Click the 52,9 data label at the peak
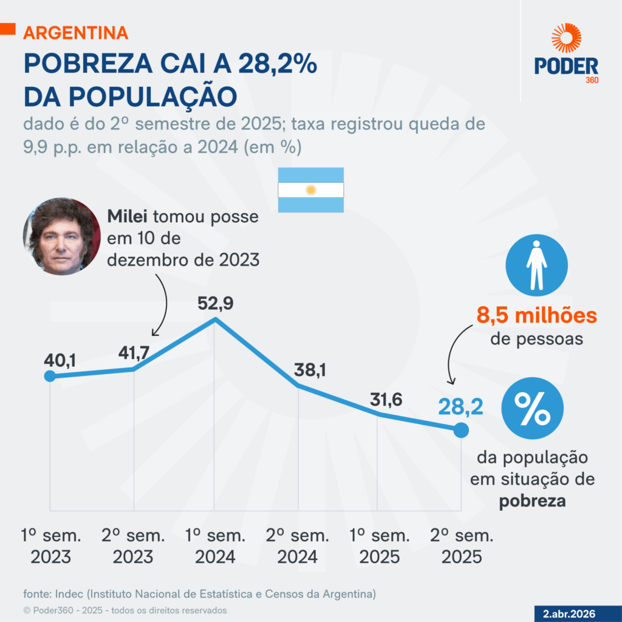coord(215,302)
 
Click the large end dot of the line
coord(461,430)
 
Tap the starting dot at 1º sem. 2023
coord(50,376)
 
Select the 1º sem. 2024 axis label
coord(216,546)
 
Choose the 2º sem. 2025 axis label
coord(462,546)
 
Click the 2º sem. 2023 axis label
coord(132,546)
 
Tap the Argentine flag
coord(311,190)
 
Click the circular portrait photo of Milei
coord(61,236)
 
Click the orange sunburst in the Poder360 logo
coord(566,38)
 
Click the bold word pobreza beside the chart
coord(532,502)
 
